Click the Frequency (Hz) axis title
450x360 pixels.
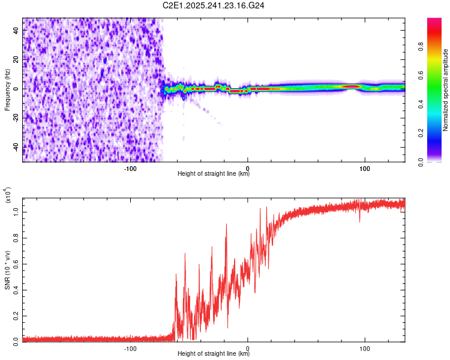(7, 90)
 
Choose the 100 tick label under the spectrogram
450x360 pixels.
(364, 167)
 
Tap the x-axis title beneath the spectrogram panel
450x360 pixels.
(214, 175)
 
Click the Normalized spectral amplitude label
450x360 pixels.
(445, 90)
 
